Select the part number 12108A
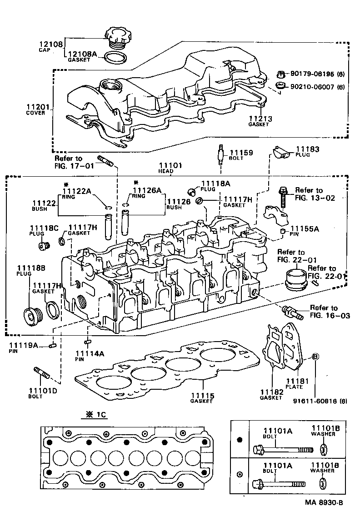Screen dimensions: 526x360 pos(82,54)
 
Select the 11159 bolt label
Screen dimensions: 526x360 pos(241,153)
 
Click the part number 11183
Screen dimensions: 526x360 pos(308,149)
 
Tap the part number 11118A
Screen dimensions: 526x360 pos(215,183)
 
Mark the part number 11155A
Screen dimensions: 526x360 pos(305,229)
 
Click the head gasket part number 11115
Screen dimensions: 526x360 pos(202,396)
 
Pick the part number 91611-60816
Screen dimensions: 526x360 pos(314,401)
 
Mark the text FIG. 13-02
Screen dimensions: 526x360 pos(315,198)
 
